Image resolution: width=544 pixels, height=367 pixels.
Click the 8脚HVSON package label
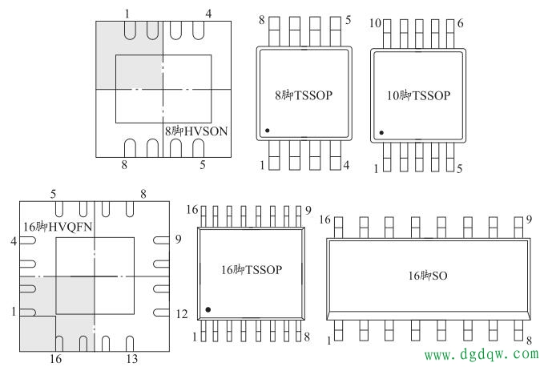197,129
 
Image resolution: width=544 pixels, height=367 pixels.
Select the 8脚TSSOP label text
303,95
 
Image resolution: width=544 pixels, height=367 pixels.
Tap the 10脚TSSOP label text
417,95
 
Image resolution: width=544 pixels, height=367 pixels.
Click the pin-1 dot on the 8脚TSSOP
268,129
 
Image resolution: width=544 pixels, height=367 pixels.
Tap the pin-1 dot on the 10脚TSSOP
381,132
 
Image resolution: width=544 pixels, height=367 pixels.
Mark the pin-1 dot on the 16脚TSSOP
208,309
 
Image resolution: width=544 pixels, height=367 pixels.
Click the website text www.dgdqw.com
480,353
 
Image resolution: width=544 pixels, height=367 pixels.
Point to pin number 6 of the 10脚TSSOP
460,23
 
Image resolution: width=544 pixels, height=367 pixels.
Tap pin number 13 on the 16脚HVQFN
131,358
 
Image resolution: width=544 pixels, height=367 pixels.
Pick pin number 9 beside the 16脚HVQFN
181,239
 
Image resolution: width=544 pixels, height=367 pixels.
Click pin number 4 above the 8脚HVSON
208,14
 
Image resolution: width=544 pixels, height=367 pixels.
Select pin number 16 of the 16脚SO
324,220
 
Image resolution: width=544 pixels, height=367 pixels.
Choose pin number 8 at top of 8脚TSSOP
261,19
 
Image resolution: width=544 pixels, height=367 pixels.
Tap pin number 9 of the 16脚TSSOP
308,211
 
